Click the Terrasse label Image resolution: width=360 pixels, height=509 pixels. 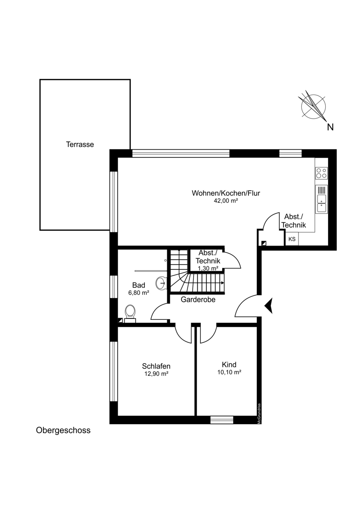pyautogui.click(x=80, y=145)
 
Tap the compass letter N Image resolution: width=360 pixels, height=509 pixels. pyautogui.click(x=330, y=127)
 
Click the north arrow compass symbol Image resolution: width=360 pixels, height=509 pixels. pyautogui.click(x=313, y=106)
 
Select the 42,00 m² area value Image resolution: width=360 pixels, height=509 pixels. pyautogui.click(x=225, y=201)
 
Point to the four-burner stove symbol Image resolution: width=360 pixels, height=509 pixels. pyautogui.click(x=321, y=173)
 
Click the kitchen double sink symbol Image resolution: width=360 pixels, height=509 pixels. pyautogui.click(x=321, y=199)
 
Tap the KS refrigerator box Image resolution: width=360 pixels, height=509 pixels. pyautogui.click(x=292, y=239)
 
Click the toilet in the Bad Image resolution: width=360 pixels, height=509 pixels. pyautogui.click(x=130, y=314)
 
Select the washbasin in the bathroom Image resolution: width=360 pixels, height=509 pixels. pyautogui.click(x=161, y=283)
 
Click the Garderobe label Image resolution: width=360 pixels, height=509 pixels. pyautogui.click(x=198, y=299)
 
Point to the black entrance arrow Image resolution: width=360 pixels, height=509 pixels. pyautogui.click(x=269, y=306)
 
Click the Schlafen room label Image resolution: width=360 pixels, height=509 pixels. pyautogui.click(x=156, y=366)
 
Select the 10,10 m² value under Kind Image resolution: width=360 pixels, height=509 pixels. pyautogui.click(x=229, y=372)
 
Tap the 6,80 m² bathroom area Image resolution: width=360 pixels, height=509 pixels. pyautogui.click(x=139, y=293)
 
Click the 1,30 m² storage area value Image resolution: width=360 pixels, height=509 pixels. pyautogui.click(x=208, y=268)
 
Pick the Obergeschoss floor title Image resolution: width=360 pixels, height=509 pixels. pyautogui.click(x=63, y=431)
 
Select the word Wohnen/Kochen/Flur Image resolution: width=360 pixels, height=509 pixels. pyautogui.click(x=226, y=193)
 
